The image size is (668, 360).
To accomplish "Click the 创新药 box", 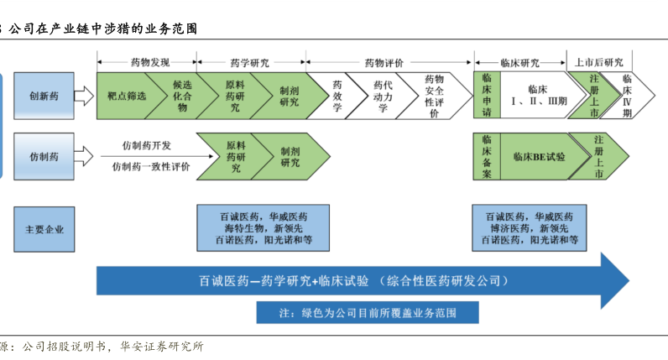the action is (44, 96).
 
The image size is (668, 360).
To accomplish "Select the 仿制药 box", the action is (44, 156).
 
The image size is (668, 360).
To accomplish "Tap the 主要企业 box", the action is (44, 229).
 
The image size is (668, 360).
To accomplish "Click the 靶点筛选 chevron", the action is (127, 96).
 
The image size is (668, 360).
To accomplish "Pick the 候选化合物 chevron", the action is (182, 96).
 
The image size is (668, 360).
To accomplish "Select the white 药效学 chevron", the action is (337, 96).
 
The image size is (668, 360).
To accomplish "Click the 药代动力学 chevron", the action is (383, 96).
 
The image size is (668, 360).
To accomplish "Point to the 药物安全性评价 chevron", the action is (434, 96).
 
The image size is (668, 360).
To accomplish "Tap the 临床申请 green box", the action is (487, 95).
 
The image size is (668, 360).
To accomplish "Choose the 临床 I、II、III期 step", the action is (540, 95).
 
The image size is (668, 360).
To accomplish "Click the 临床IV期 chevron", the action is (627, 96).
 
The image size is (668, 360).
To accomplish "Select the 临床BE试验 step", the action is (540, 156).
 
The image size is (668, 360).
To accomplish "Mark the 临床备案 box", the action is (487, 156).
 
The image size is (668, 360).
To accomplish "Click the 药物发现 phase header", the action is (150, 63).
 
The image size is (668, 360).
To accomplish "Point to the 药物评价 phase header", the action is (384, 63).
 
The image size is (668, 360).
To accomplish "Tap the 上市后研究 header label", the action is (599, 62).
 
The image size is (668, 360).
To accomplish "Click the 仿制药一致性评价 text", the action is (151, 167).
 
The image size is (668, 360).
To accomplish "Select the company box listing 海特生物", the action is (263, 228).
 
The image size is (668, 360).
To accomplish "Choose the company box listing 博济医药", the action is (530, 228).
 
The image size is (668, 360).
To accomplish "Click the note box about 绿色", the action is (368, 313).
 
